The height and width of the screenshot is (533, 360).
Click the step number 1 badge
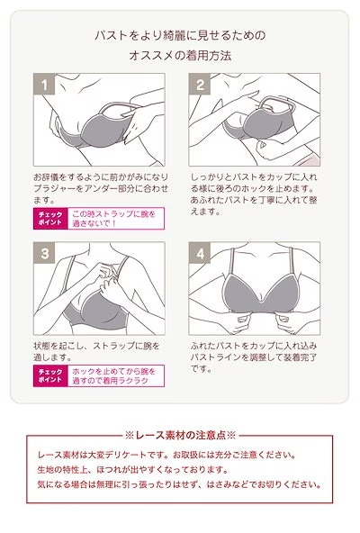point(44,84)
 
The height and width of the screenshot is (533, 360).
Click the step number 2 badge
point(200,84)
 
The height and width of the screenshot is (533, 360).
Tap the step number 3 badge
point(44,253)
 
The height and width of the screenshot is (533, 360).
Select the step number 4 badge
point(200,253)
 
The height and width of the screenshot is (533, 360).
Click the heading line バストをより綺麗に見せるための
point(180,35)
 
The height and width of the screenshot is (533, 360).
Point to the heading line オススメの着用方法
point(180,56)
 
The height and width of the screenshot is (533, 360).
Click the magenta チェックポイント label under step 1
point(50,218)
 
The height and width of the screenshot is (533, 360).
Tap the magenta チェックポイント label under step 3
point(50,375)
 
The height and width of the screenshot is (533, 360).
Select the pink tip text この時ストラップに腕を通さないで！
point(114,218)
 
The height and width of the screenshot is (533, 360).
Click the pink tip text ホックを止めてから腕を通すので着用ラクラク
point(114,375)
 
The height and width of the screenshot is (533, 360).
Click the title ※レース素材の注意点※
point(180,435)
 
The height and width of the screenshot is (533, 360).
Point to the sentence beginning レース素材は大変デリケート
point(166,455)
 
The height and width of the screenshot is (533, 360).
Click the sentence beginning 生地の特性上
point(132,470)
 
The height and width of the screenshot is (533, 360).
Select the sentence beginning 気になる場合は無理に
point(179,484)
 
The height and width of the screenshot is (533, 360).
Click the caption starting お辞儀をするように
point(101,188)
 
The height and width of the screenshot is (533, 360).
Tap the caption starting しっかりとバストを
point(254,194)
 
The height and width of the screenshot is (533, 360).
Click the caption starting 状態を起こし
point(96,352)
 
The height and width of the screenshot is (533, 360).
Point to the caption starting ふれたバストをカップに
point(254,357)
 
